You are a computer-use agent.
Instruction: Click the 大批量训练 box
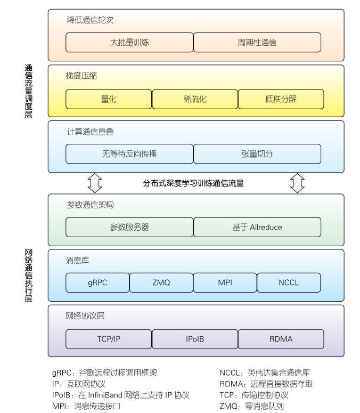(129, 42)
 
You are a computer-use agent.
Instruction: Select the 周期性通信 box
(257, 42)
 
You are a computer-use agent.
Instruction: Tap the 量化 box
(109, 99)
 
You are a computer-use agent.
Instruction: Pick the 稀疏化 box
(195, 99)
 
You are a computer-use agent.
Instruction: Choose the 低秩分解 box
(281, 99)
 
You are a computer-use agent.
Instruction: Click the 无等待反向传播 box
(129, 153)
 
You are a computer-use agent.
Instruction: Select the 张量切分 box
(257, 153)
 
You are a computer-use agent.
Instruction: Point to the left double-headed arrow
(95, 183)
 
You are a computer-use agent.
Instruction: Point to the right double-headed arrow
(297, 183)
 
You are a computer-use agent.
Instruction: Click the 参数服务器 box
(129, 227)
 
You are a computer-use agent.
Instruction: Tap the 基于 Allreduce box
(257, 227)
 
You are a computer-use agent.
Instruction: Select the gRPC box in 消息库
(97, 282)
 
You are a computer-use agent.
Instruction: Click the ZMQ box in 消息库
(161, 282)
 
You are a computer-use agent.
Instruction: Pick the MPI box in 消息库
(225, 282)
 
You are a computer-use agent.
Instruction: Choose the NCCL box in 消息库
(289, 282)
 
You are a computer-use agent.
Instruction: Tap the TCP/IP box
(109, 339)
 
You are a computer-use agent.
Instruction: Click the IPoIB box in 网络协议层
(195, 339)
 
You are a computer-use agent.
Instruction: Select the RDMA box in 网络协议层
(281, 339)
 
